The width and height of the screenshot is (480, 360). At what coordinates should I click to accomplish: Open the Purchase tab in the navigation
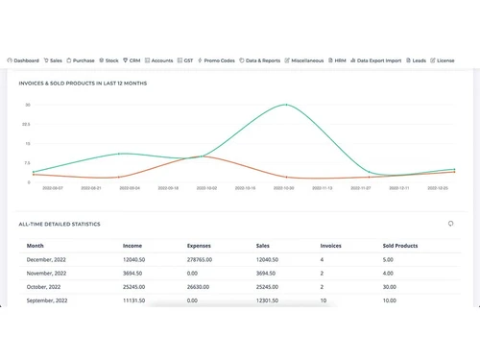(84, 60)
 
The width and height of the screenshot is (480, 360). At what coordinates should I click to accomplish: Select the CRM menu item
(133, 60)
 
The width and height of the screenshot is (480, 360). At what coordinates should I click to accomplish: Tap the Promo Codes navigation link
(217, 60)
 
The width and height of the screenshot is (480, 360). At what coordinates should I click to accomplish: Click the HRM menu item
(339, 60)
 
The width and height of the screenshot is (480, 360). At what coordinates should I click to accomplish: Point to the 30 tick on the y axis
(28, 105)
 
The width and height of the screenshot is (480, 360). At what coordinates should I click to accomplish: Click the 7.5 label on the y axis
(28, 163)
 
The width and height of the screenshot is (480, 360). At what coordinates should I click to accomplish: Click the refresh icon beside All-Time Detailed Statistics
(450, 224)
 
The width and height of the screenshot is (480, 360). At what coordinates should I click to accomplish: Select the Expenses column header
(199, 246)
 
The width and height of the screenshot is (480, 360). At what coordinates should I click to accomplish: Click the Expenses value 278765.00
(202, 259)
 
